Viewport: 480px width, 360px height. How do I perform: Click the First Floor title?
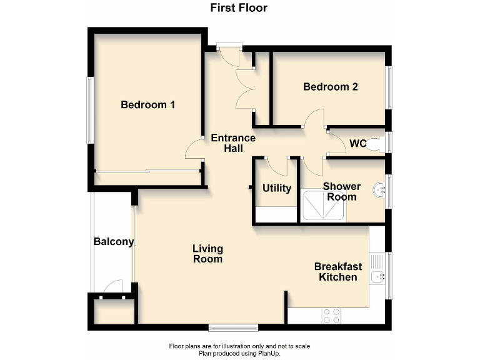(x=239, y=8)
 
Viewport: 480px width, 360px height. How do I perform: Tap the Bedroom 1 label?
(x=147, y=105)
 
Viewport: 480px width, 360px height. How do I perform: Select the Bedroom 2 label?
(x=330, y=87)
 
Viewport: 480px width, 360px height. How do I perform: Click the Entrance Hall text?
(x=233, y=143)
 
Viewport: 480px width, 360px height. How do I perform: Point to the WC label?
(x=357, y=144)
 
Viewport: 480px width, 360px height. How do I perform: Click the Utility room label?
(x=276, y=187)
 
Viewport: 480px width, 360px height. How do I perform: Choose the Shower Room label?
(x=341, y=191)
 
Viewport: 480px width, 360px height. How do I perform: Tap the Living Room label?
(x=207, y=254)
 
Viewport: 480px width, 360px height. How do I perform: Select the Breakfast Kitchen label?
(x=337, y=272)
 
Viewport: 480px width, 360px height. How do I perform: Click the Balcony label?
(x=113, y=242)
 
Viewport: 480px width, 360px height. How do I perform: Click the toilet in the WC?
(x=375, y=144)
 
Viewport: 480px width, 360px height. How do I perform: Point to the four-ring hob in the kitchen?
(x=331, y=316)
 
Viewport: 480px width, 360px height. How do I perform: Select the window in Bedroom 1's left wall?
(x=90, y=110)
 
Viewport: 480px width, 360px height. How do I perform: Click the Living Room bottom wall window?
(x=233, y=327)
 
